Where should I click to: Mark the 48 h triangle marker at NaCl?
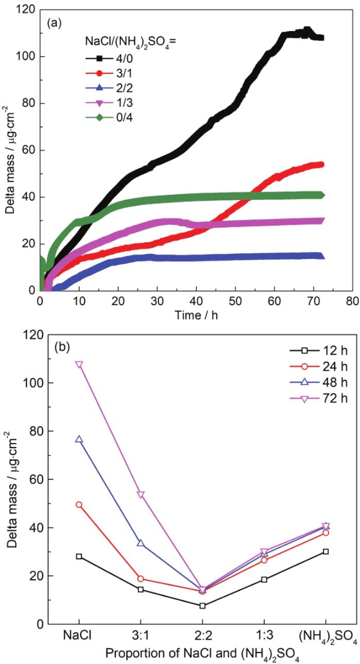pyautogui.click(x=79, y=439)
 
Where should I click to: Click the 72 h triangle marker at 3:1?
pyautogui.click(x=141, y=494)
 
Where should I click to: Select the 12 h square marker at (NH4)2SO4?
pyautogui.click(x=326, y=551)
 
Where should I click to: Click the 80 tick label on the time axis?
pyautogui.click(x=351, y=301)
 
